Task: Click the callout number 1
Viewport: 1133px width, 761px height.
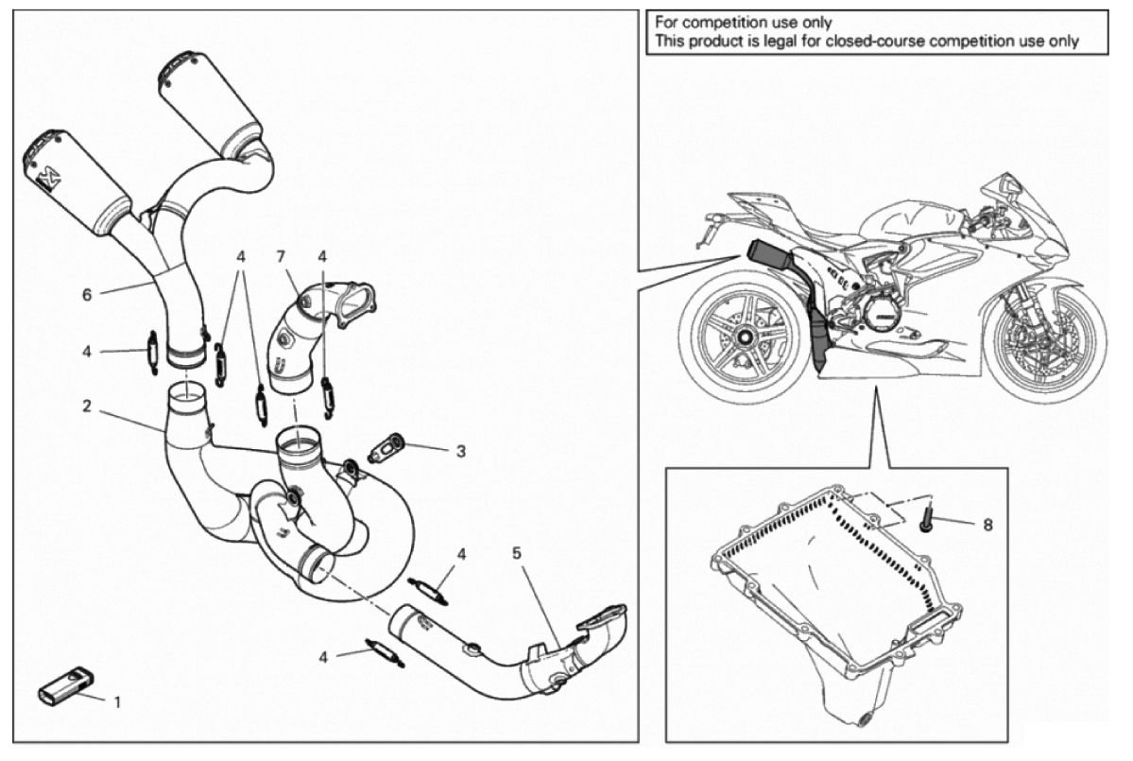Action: pos(117,702)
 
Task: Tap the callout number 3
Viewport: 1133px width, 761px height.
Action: pos(460,452)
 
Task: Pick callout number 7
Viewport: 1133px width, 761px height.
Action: pos(280,256)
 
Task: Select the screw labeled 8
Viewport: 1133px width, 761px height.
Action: pos(924,514)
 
